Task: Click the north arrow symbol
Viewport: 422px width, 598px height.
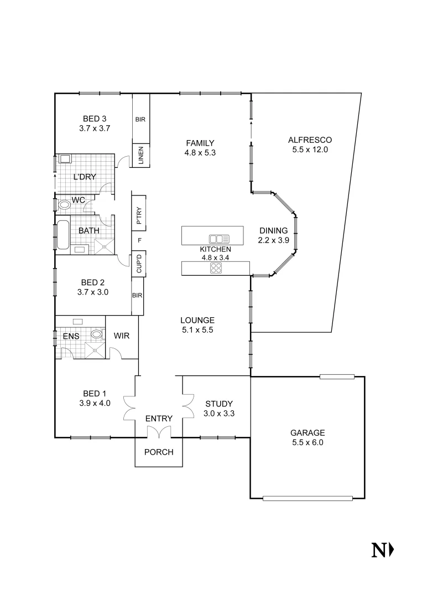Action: [x=382, y=550]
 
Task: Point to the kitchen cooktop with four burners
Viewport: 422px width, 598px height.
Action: [x=216, y=269]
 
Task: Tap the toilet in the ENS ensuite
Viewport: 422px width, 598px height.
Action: [x=97, y=334]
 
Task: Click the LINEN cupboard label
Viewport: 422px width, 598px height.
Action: [x=140, y=156]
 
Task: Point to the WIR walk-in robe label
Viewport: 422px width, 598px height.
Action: [x=121, y=336]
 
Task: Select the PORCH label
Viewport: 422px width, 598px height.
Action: [x=159, y=452]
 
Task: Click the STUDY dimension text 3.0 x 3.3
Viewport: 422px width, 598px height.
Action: [x=218, y=413]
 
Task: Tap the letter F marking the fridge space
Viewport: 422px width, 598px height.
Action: [x=139, y=240]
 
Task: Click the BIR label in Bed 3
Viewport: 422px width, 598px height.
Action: [x=140, y=119]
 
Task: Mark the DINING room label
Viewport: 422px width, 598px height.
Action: [x=273, y=231]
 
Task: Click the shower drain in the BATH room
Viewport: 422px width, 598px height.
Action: [x=102, y=244]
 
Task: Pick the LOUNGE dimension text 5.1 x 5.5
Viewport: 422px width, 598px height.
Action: [x=197, y=329]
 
